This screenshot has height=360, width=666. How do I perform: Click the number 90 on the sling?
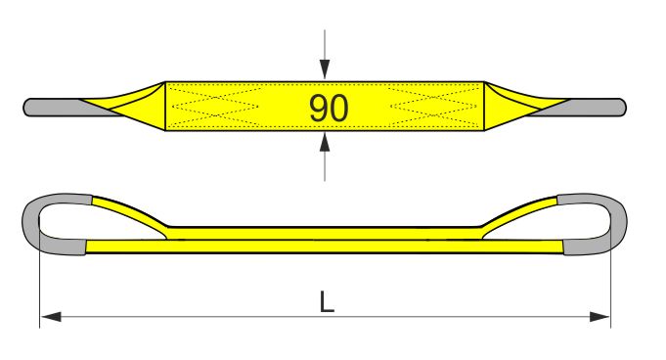(x=329, y=108)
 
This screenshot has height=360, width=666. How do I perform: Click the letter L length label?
(x=327, y=301)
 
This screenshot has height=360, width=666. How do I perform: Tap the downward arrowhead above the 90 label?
(x=325, y=69)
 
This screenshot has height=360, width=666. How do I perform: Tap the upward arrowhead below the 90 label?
(x=325, y=142)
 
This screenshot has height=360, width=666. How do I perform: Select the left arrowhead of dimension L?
(x=51, y=317)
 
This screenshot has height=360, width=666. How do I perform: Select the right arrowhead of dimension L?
(x=599, y=317)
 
